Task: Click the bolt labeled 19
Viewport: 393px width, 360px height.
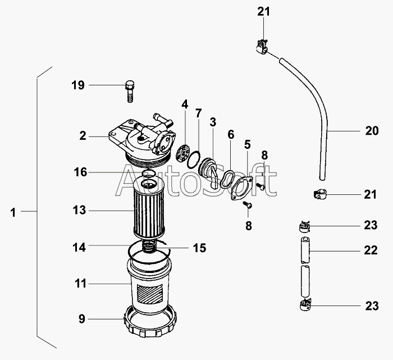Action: (x=130, y=91)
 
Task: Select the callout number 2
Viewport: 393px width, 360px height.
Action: (x=83, y=136)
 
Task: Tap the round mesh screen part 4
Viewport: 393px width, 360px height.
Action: (x=185, y=153)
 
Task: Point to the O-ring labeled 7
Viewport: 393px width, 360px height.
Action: (x=194, y=160)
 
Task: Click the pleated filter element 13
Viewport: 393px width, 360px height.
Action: (x=148, y=209)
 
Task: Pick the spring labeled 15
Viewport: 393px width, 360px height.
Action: (x=148, y=245)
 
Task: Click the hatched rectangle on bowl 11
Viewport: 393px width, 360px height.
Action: (x=150, y=295)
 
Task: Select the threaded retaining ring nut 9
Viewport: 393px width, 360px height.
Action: (x=150, y=322)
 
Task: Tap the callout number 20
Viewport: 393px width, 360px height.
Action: (x=372, y=131)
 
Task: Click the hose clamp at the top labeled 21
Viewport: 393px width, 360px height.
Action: (x=262, y=47)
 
